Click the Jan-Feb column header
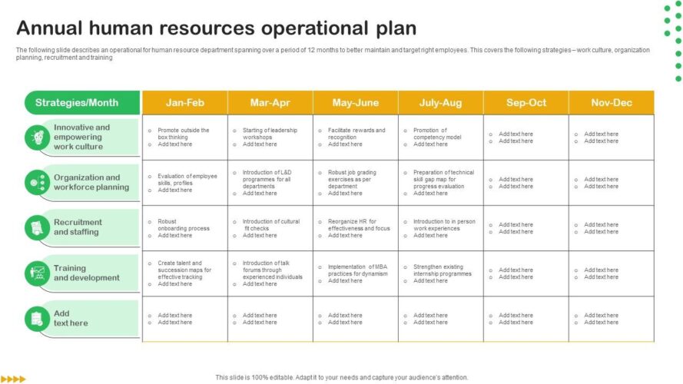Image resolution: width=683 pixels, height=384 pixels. coord(184,103)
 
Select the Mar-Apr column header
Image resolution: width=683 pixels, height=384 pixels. coord(270,103)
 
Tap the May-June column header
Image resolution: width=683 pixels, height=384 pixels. coord(356,103)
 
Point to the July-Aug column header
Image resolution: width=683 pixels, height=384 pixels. coord(440,103)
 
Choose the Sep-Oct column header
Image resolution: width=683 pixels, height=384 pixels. coord(526,103)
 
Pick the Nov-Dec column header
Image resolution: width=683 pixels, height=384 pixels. coord(611,103)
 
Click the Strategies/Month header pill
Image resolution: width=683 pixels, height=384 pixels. coord(82,103)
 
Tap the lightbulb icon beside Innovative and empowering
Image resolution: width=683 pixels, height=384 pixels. coord(38,137)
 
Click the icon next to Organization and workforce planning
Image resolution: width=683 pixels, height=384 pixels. coord(38,183)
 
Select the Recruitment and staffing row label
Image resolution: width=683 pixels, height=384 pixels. coord(78,227)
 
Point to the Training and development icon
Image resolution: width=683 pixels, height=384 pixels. coord(38,273)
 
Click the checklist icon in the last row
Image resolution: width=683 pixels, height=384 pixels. coord(38,319)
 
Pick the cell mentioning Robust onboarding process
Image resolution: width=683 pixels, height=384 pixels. coord(184,228)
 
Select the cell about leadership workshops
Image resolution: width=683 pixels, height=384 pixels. coord(270,137)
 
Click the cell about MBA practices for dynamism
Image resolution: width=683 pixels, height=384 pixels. coord(356,273)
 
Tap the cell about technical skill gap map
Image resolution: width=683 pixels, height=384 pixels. coord(440,183)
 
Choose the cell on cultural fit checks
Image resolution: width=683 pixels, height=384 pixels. coord(270,228)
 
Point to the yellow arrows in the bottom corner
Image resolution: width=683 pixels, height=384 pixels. coord(13,379)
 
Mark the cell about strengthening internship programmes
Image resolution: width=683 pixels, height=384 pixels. coord(440,273)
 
